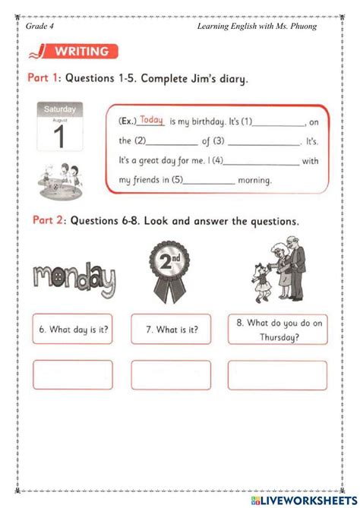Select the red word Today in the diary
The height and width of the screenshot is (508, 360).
click(152, 120)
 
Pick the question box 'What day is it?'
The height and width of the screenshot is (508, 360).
click(73, 329)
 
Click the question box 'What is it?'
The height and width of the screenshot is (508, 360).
click(171, 329)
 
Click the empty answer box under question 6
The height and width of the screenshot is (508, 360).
click(73, 375)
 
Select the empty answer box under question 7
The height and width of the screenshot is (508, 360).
click(171, 375)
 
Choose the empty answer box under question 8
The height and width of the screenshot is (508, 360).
click(278, 375)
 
